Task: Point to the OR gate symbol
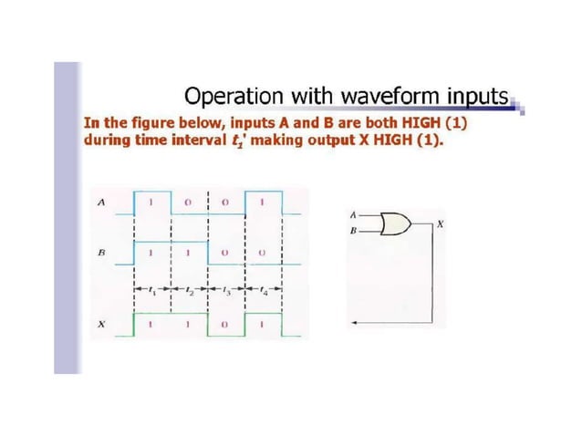click(x=394, y=223)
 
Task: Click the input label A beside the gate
click(x=352, y=214)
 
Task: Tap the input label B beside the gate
click(x=352, y=232)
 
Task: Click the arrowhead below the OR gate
click(x=354, y=322)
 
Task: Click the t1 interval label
click(x=151, y=293)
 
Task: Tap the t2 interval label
click(x=189, y=293)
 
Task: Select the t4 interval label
click(x=264, y=293)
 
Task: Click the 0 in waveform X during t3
click(x=225, y=324)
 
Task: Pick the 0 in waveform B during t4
click(x=263, y=250)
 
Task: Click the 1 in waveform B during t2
click(x=188, y=250)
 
